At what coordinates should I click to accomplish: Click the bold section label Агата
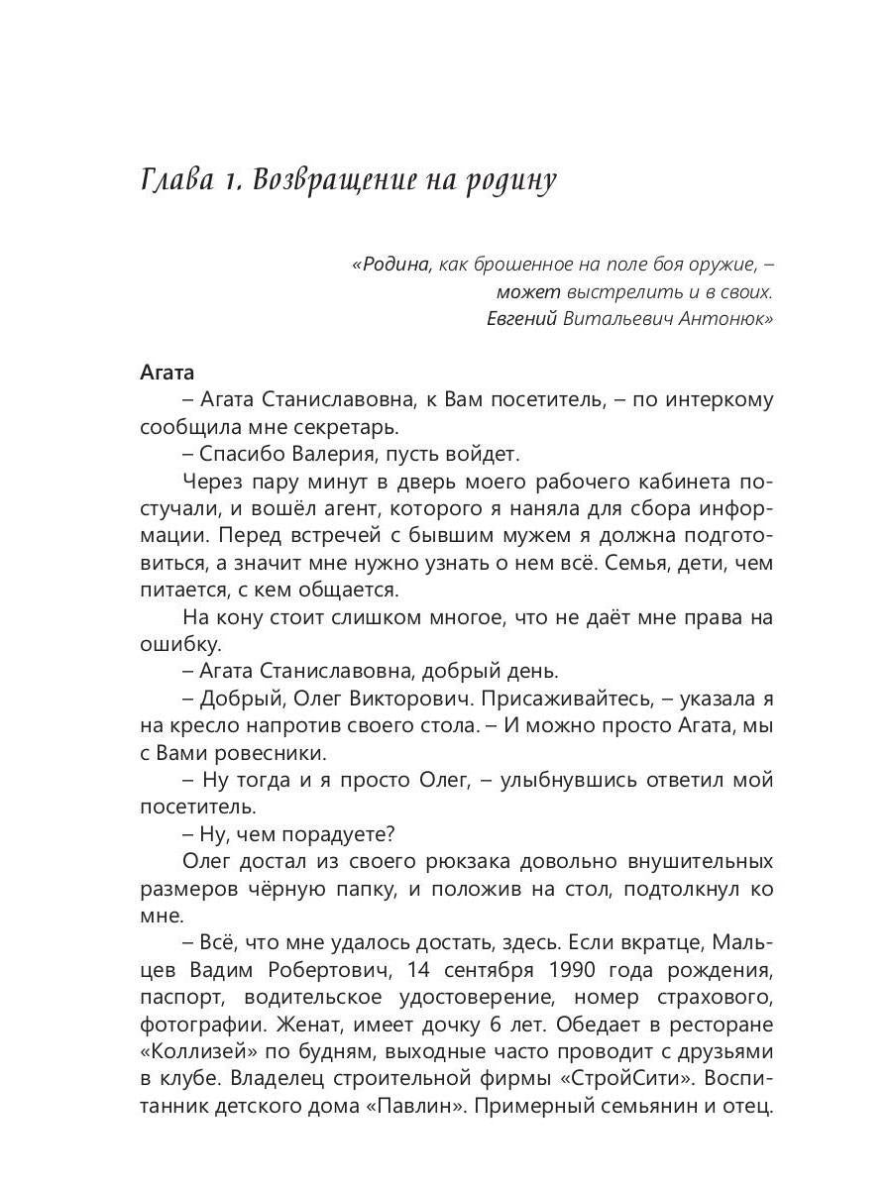[x=167, y=373]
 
